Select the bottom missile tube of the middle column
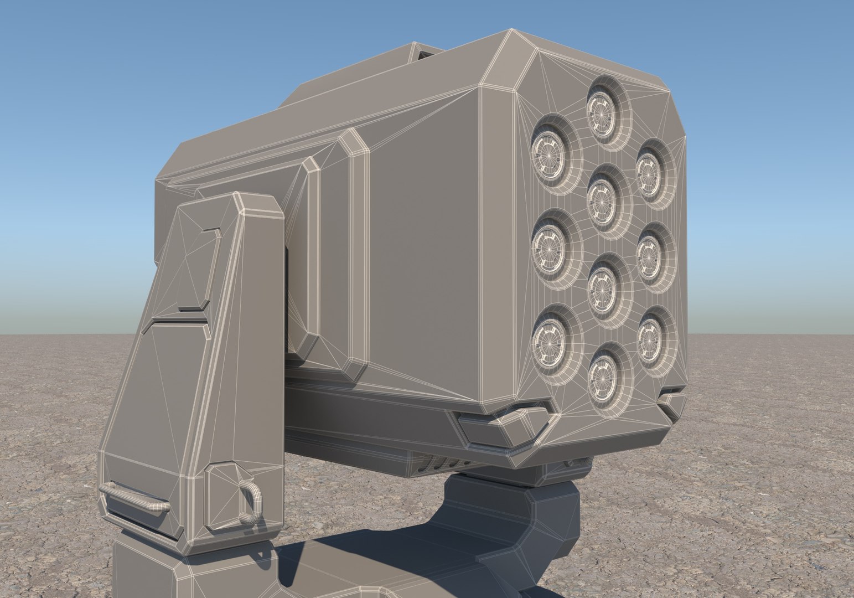[x=601, y=377]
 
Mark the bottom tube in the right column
[x=650, y=338]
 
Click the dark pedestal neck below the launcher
[x=487, y=509]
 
